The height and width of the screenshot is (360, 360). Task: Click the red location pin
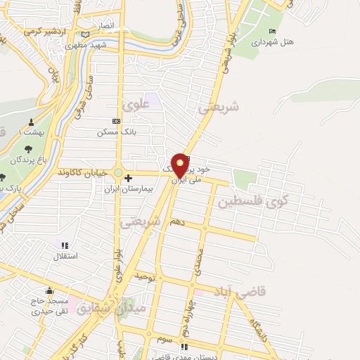point(180,165)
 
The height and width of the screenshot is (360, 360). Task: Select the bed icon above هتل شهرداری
point(272,31)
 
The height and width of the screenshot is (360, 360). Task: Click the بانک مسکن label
point(116,131)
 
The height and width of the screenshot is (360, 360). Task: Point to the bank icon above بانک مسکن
point(116,121)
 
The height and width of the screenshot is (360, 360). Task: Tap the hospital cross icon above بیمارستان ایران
point(128,179)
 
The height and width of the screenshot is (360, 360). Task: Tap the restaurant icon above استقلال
point(65,245)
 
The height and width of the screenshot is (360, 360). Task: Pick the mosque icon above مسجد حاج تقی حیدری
point(49,290)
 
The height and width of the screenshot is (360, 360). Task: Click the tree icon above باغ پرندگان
point(27,148)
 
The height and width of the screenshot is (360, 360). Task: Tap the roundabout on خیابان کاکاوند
point(117,173)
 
